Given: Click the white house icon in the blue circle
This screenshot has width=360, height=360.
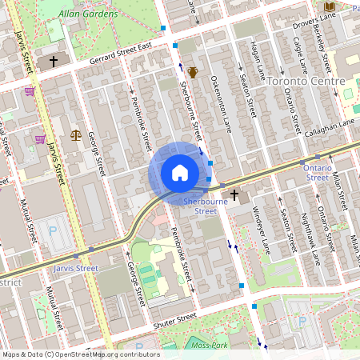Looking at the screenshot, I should click(180, 173).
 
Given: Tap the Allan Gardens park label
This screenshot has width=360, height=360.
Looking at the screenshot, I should click(90, 14).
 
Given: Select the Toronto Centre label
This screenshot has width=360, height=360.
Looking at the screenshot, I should click(306, 82).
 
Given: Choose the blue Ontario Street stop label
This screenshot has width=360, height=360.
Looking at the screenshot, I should click(317, 173).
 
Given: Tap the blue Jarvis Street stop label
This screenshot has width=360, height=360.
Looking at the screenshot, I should click(74, 269).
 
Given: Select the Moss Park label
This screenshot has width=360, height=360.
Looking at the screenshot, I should click(211, 346).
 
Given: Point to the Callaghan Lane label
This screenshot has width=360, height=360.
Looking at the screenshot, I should click(330, 126).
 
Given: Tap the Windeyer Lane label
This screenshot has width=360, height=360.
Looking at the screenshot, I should click(262, 229).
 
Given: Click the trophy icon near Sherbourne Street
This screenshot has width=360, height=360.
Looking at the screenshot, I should click(193, 72).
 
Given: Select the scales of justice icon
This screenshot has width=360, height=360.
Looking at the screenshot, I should click(76, 134).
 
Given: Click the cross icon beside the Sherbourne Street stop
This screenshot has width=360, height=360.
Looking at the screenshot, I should click(234, 194).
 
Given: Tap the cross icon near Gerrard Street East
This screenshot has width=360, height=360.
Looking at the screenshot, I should click(54, 61).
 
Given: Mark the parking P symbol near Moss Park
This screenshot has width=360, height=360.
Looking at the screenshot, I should click(302, 321).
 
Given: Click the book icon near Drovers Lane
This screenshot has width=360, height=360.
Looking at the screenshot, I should click(330, 7).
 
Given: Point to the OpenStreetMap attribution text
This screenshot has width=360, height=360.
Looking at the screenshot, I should click(80, 354).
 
